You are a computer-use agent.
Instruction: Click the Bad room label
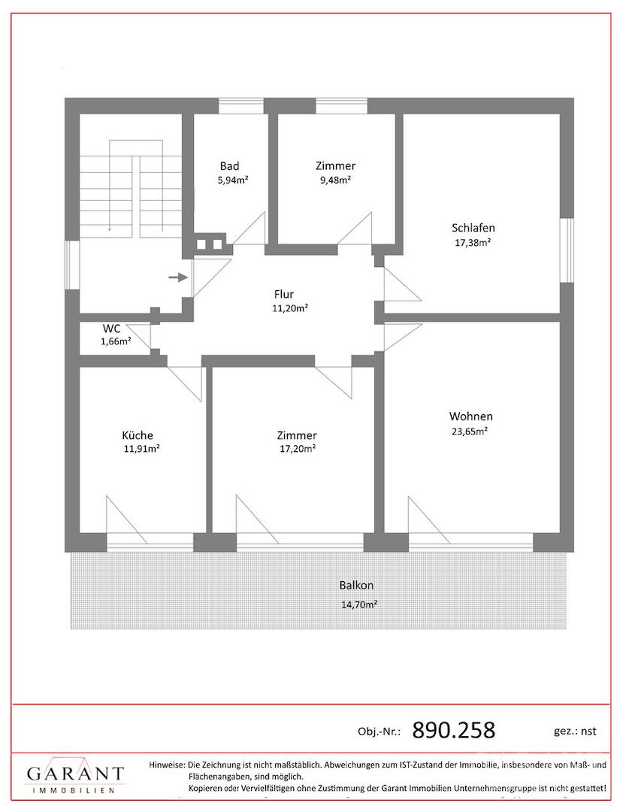(230, 165)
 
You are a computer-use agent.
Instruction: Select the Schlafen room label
(473, 228)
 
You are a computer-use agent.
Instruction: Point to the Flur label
(284, 294)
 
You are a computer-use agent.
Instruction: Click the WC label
(112, 329)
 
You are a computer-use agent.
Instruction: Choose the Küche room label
(138, 435)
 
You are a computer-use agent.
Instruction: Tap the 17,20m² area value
(298, 449)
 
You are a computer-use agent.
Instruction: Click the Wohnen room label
(471, 416)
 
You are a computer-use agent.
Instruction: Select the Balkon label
(356, 585)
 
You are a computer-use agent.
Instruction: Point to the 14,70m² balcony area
(359, 604)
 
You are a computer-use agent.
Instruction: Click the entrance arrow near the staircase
(178, 277)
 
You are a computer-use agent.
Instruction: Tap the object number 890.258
(454, 731)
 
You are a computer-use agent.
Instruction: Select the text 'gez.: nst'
(575, 732)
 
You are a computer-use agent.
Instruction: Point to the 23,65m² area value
(470, 431)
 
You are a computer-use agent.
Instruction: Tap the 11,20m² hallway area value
(291, 308)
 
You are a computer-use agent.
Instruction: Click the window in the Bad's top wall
(241, 106)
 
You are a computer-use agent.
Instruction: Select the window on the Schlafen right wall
(567, 250)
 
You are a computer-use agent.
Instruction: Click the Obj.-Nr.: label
(380, 732)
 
